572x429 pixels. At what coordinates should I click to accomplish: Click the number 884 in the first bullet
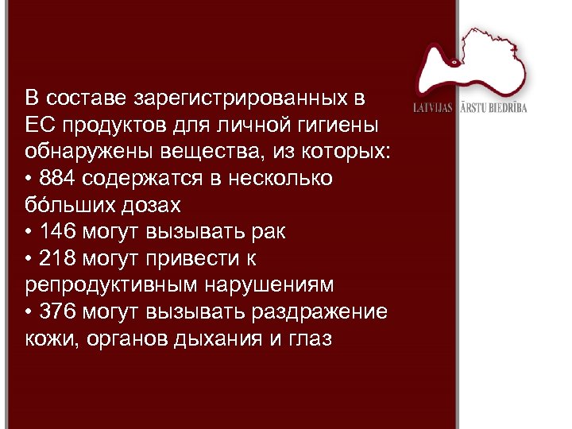point(60,179)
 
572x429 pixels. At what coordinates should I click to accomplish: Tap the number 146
point(60,232)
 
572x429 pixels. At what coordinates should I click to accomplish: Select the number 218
point(60,259)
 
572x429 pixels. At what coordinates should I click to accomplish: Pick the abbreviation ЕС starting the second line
point(37,126)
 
